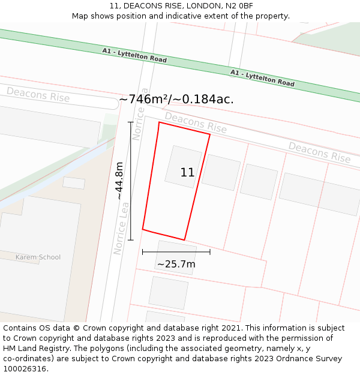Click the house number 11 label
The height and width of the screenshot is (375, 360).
187,173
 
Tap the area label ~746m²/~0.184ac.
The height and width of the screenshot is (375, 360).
176,100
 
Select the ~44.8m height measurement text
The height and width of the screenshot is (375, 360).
119,181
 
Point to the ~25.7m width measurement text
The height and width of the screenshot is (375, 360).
176,264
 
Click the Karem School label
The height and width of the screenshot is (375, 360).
38,257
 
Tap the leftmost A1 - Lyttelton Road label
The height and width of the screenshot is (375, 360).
134,56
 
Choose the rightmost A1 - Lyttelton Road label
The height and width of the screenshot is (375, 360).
262,77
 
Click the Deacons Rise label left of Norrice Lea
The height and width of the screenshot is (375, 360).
38,94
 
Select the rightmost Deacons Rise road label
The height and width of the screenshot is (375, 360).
319,152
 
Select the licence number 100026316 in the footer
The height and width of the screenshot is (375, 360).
25,369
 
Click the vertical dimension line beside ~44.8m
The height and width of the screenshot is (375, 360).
130,180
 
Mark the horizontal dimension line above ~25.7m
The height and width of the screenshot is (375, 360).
176,252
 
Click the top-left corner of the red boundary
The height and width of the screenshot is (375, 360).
159,122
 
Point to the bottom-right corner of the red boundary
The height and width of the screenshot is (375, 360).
184,240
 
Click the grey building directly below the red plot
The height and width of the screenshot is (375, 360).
176,257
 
